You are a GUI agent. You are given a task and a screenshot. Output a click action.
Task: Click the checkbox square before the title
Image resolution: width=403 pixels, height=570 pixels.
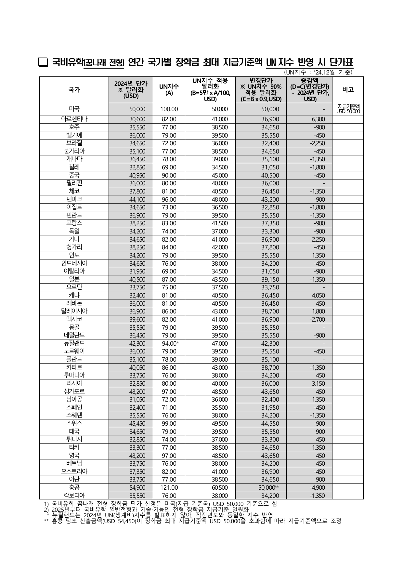coord(43,62)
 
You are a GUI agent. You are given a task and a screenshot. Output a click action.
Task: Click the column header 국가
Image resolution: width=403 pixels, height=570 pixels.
coord(74,90)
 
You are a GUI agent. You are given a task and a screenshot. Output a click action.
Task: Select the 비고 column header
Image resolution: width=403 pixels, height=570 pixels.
coord(348,90)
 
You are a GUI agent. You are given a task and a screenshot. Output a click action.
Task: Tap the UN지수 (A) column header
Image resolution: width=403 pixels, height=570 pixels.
coord(169,90)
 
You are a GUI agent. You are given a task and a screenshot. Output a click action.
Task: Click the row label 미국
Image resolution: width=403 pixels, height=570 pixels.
coord(74,109)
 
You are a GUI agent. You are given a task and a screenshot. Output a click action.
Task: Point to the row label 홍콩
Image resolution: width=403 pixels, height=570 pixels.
coord(74,487)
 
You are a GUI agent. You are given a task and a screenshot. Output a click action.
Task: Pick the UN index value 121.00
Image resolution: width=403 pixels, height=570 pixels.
coord(169,487)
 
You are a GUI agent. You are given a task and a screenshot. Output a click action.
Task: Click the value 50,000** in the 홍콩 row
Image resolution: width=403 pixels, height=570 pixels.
coord(270,487)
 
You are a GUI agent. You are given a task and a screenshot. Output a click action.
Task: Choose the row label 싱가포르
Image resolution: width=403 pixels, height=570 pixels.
coord(74,391)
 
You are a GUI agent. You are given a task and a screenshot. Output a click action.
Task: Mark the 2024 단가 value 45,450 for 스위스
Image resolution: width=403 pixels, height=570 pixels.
coord(137,423)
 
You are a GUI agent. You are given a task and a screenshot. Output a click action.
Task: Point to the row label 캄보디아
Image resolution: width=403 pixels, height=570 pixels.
coord(74,495)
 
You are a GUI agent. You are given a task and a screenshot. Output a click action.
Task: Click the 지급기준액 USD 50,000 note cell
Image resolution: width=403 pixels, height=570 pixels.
coord(348,109)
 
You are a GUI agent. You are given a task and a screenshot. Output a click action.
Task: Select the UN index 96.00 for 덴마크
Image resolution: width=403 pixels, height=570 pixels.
coord(169,199)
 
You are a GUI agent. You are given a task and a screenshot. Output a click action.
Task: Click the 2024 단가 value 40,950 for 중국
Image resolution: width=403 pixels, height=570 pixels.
coord(137,175)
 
